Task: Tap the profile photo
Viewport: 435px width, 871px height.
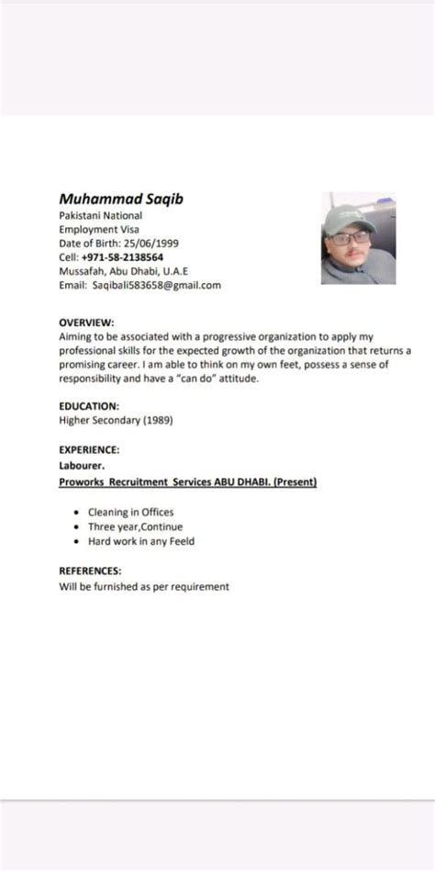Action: pyautogui.click(x=358, y=238)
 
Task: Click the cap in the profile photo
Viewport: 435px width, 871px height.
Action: pyautogui.click(x=350, y=218)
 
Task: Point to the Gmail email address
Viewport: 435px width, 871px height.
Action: pyautogui.click(x=156, y=286)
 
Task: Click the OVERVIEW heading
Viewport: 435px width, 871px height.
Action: pyautogui.click(x=86, y=322)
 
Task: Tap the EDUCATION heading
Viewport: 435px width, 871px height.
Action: pyautogui.click(x=89, y=405)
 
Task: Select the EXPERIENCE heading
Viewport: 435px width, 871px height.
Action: pyautogui.click(x=90, y=450)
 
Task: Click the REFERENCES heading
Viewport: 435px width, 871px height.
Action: pyautogui.click(x=91, y=571)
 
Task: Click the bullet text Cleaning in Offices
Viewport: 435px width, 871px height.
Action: pyautogui.click(x=130, y=512)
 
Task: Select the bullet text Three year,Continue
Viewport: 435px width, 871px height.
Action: pyautogui.click(x=135, y=526)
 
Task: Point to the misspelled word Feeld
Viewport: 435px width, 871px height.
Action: pyautogui.click(x=181, y=541)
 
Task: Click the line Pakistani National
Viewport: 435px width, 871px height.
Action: pyautogui.click(x=100, y=215)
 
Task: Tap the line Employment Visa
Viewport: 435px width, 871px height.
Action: pyautogui.click(x=100, y=229)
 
